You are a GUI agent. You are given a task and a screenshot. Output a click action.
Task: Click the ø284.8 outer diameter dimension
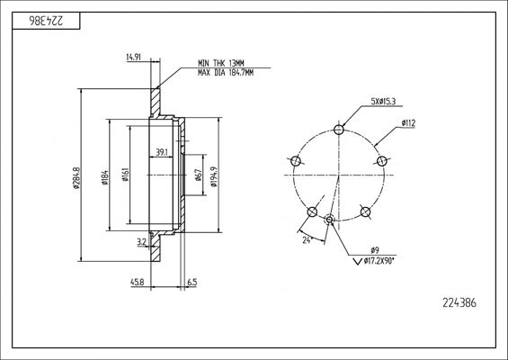point(76,177)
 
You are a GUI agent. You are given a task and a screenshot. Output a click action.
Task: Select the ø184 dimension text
point(105,177)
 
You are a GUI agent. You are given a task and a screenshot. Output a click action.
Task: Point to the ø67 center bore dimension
point(198,175)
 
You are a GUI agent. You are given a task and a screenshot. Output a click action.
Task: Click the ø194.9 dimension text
point(213,176)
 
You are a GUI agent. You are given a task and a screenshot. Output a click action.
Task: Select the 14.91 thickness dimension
point(133,58)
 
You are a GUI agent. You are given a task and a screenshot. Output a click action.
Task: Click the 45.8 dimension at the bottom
point(137,283)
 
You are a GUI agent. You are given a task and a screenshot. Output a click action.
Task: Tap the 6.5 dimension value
point(192,283)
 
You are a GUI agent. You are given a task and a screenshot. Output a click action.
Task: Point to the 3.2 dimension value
point(141,241)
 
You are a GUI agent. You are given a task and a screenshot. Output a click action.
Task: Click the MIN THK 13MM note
point(221,63)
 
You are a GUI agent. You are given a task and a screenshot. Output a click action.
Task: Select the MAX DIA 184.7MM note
point(226,73)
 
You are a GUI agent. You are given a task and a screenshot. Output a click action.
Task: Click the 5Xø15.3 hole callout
point(383,101)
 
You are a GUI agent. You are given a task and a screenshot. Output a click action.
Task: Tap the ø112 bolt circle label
point(408,123)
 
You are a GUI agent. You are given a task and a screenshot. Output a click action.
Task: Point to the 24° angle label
point(307,240)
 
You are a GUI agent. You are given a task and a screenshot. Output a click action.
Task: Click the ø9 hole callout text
point(375,250)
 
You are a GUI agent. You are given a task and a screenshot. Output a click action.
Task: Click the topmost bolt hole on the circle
point(339,130)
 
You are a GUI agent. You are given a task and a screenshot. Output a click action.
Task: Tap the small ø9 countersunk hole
point(329,220)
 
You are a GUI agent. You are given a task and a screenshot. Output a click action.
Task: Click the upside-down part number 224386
point(47,21)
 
